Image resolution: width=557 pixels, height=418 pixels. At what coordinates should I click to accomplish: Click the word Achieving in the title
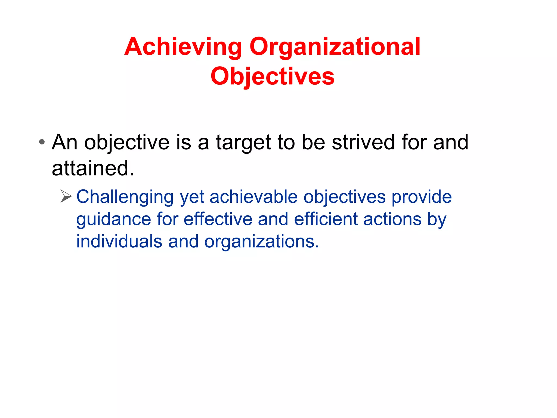(183, 47)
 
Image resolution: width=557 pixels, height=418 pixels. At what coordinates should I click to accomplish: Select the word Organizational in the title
(335, 47)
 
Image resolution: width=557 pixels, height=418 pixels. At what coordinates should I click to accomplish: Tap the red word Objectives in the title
(272, 76)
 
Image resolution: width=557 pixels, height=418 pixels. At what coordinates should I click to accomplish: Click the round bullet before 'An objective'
(42, 142)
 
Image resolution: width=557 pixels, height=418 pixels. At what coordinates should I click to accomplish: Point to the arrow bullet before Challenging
(66, 196)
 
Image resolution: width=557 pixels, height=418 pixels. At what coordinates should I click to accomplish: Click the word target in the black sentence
(243, 142)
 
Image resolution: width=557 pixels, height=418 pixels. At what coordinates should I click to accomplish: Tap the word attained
(93, 168)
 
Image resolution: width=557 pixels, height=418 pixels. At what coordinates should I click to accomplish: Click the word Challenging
(125, 197)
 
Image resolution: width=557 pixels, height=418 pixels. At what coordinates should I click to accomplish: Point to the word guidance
(113, 219)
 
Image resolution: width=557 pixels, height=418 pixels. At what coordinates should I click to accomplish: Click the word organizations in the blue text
(261, 242)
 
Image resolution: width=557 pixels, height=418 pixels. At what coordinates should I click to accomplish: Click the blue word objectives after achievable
(345, 197)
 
